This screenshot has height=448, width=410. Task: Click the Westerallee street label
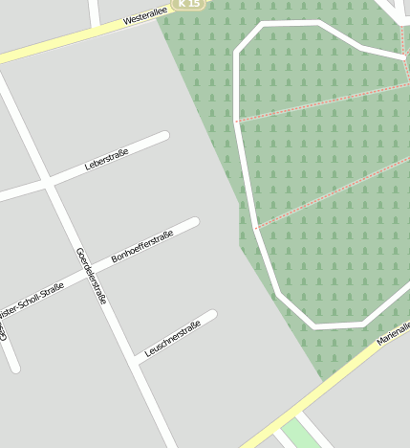(x=146, y=13)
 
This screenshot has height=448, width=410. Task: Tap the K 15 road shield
(x=190, y=5)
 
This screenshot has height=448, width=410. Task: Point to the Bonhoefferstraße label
(x=142, y=246)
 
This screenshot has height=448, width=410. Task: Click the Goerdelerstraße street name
(x=92, y=277)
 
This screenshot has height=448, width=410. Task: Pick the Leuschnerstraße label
(x=173, y=339)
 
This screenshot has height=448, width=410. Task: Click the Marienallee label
(x=393, y=333)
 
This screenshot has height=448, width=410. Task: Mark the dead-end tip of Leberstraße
(x=164, y=136)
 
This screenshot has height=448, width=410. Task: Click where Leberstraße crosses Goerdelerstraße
(x=47, y=181)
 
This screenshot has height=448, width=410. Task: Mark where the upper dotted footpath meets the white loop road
(x=237, y=122)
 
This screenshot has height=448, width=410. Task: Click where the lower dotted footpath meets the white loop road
(x=256, y=228)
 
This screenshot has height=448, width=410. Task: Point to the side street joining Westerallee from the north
(x=94, y=13)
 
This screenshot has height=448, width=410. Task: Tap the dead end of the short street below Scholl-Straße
(x=13, y=367)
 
